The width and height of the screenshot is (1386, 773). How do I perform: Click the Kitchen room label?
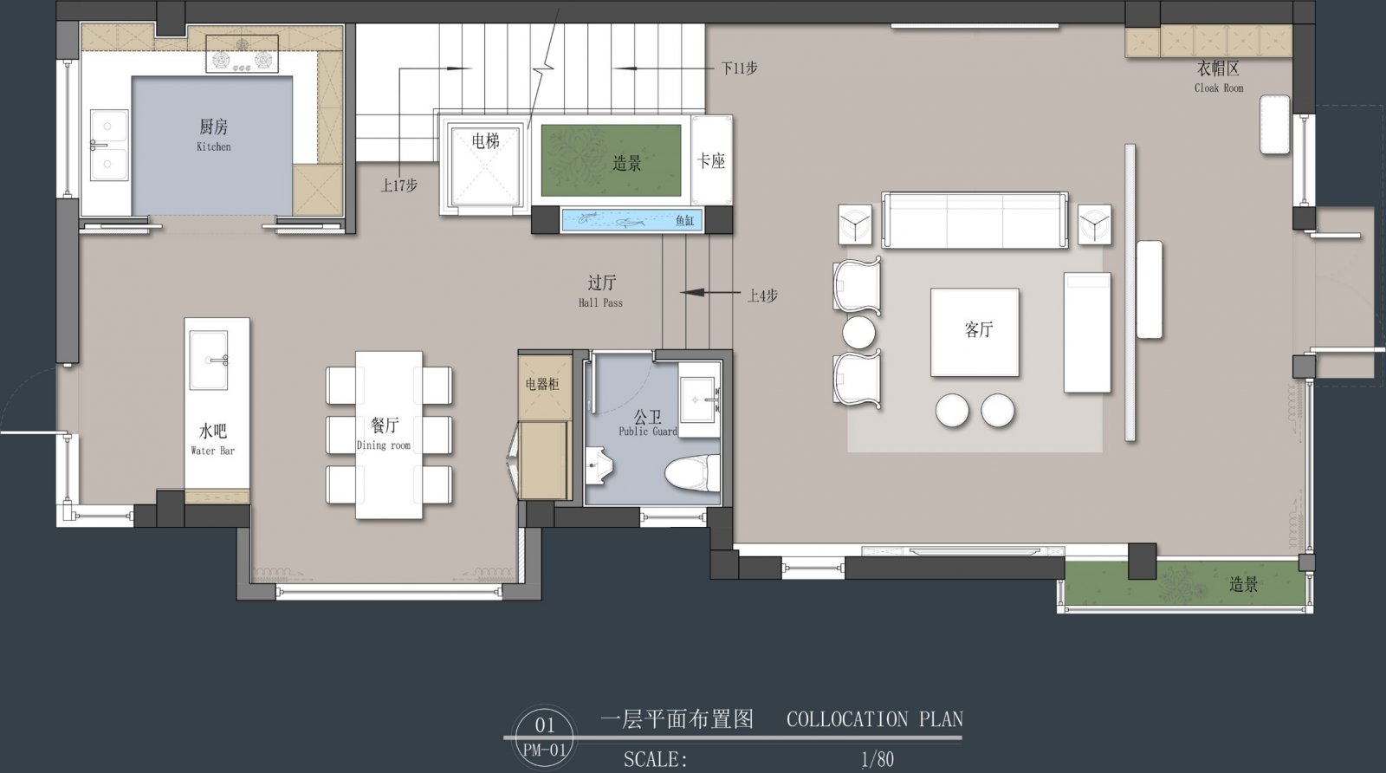coord(213,146)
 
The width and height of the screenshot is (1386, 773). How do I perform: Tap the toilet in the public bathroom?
coord(693,472)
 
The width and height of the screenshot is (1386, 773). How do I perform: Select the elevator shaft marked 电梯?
coord(485,166)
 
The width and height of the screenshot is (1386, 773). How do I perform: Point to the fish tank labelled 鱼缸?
coord(631,220)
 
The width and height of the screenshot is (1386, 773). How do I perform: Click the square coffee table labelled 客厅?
coord(975,333)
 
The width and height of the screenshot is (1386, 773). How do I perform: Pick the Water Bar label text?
coord(213,451)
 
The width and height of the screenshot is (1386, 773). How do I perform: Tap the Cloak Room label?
coord(1219,88)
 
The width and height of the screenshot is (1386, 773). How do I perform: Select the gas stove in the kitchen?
coord(242,54)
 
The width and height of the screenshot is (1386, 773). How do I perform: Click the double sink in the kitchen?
coord(109,145)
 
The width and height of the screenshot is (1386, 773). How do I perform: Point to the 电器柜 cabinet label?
coord(542,385)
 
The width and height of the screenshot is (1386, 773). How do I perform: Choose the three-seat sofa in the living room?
coord(975,220)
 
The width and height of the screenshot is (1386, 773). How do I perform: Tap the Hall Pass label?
coord(601,302)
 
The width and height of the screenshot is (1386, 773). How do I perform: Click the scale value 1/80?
coord(878,759)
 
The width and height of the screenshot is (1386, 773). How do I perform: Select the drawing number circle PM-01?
coord(545,737)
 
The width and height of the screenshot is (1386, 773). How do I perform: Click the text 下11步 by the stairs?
coord(740,68)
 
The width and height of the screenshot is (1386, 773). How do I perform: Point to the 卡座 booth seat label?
coord(711,161)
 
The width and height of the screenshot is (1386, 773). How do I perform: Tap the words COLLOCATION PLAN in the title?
coord(875,719)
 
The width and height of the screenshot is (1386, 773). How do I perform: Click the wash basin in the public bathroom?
coord(699,399)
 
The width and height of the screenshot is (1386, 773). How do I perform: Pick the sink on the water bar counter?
coord(209,361)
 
